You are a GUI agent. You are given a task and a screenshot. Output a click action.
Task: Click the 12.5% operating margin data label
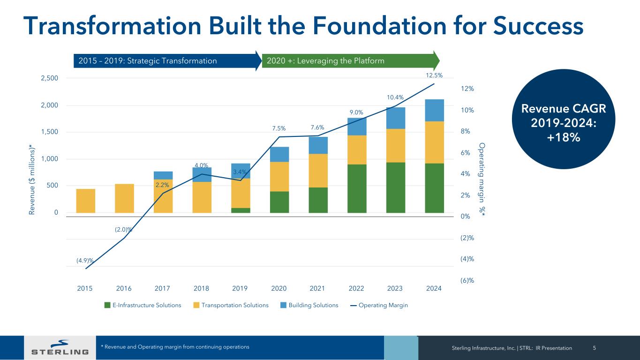coord(434,75)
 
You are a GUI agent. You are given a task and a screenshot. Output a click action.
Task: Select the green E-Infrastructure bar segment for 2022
coord(357,188)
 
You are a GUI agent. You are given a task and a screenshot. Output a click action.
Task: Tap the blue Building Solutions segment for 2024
coord(434,110)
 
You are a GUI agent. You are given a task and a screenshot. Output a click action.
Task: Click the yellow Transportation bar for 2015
coord(85,201)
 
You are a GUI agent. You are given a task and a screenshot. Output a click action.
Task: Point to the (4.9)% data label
coord(85,260)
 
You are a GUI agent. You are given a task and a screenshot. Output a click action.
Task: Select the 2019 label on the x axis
coord(240,288)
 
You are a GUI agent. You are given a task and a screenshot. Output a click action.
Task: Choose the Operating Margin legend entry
coord(379,305)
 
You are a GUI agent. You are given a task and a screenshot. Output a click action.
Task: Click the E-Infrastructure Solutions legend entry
coord(143,305)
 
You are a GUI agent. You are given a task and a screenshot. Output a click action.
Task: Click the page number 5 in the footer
coord(595,348)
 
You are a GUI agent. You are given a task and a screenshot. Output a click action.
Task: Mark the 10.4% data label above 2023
coord(395,97)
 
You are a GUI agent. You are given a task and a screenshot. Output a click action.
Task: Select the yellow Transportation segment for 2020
coord(279,176)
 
